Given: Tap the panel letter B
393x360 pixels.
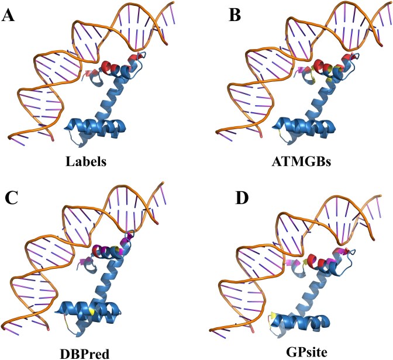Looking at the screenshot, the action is (217, 15).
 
